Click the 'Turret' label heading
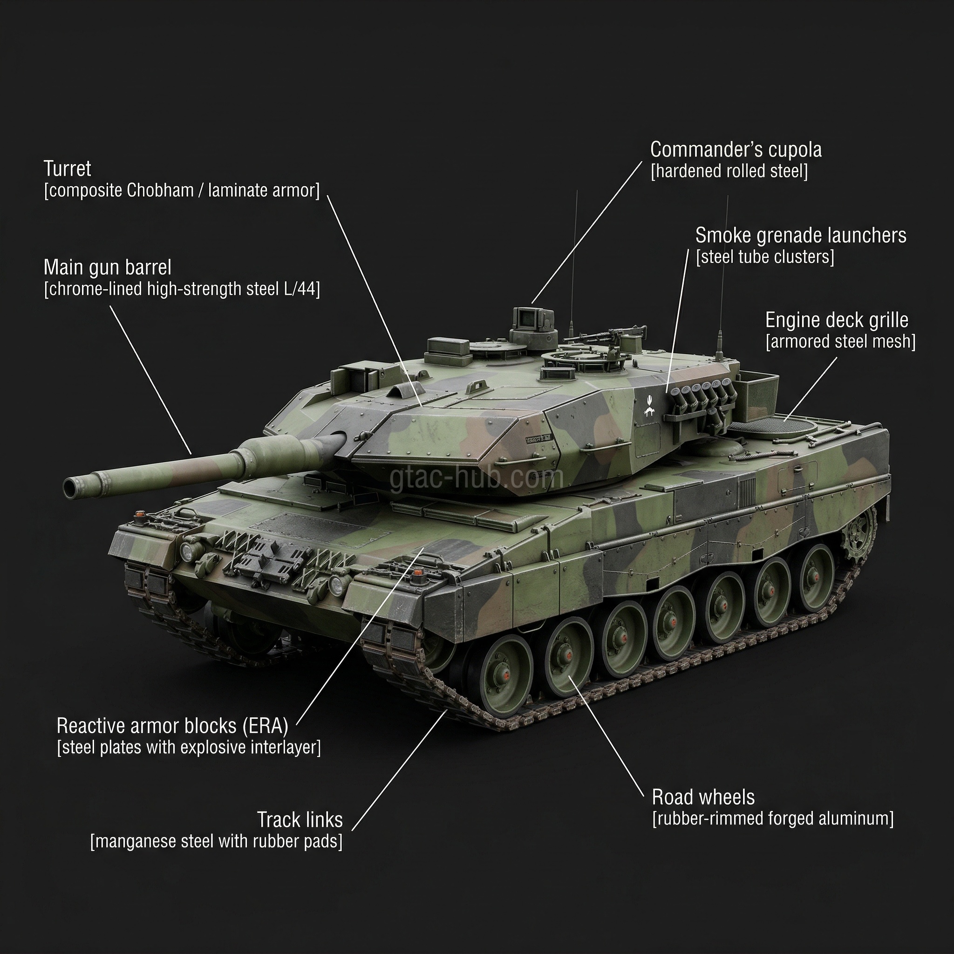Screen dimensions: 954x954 67,169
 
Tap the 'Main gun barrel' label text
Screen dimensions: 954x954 107,268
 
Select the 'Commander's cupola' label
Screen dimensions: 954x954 736,150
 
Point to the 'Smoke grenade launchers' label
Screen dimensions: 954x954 800,236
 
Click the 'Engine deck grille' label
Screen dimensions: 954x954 837,320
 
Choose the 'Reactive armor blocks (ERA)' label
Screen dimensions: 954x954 172,726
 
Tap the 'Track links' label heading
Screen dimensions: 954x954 299,820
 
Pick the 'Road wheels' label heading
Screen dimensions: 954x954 703,797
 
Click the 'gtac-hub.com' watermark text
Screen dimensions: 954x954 477,478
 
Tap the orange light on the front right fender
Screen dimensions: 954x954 418,573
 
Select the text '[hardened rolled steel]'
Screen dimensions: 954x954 729,171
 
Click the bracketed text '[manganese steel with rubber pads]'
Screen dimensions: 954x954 216,841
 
